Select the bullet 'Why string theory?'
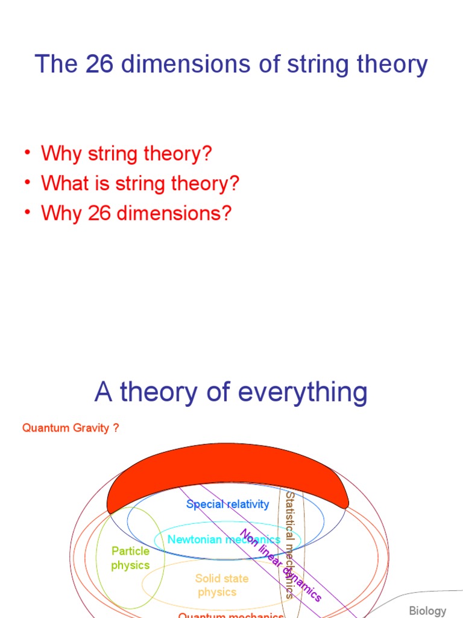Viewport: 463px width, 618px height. pos(127,153)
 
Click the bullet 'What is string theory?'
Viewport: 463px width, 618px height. pos(140,183)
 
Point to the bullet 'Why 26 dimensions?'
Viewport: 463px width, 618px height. pos(136,213)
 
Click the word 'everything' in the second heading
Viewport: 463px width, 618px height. pos(303,392)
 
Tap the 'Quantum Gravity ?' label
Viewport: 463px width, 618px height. pos(71,428)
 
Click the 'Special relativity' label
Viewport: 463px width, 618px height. pos(228,504)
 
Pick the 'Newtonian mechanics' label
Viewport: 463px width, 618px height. pos(224,539)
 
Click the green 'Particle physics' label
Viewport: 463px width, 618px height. pos(130,558)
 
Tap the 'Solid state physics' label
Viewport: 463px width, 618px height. pos(221,585)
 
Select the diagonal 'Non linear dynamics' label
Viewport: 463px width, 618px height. pos(281,565)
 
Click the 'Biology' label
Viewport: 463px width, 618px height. pos(427,611)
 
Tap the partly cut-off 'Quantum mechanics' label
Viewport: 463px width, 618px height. pos(231,615)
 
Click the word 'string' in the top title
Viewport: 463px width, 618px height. pos(290,64)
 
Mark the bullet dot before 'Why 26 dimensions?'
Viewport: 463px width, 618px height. pos(28,212)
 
